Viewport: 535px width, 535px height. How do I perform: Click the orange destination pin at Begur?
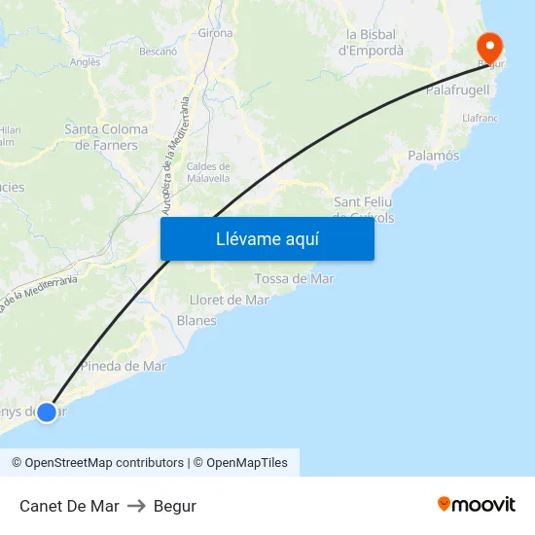pos(489,46)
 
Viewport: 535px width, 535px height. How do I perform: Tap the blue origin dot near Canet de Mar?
pos(46,411)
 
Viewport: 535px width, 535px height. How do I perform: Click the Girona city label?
pos(215,32)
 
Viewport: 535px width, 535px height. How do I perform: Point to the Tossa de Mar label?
pos(294,279)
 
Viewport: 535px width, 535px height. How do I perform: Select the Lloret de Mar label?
pos(230,300)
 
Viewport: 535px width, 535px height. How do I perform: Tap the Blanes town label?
pos(196,320)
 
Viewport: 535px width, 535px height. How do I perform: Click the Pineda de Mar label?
pos(124,366)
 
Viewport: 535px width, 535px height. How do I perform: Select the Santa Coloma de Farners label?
pos(106,137)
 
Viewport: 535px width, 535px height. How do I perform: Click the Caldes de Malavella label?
pos(208,172)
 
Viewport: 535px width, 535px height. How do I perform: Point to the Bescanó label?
pos(158,51)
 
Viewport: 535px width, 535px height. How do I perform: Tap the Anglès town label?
pos(86,62)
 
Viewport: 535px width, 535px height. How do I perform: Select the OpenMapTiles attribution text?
pos(246,463)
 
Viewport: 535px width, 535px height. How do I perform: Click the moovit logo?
pos(476,505)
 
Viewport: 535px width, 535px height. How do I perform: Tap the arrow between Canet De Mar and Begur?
pos(136,506)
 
